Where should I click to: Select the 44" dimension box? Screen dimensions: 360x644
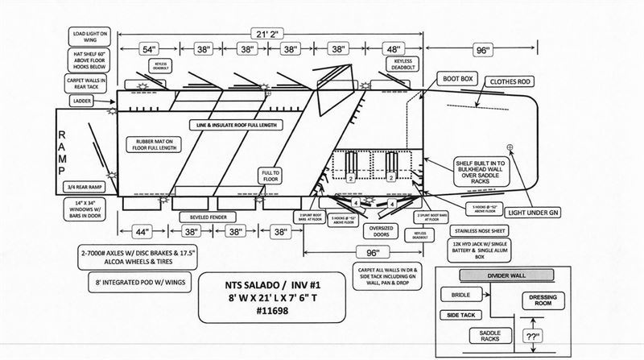(x=142, y=232)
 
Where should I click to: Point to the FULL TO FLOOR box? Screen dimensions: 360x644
(x=270, y=176)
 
